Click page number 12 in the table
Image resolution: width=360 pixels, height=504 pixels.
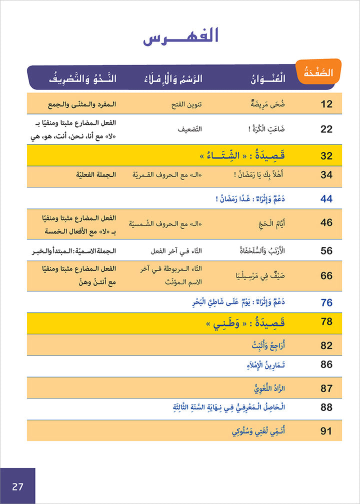coord(326,104)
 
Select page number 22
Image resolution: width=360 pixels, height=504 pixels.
coord(326,129)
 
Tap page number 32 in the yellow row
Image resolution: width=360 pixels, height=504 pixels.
coord(326,156)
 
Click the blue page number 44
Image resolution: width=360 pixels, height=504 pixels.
coord(326,199)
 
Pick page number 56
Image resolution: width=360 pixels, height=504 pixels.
coord(326,250)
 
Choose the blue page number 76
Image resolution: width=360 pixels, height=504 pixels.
coord(326,302)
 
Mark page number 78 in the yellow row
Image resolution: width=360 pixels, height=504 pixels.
coord(326,321)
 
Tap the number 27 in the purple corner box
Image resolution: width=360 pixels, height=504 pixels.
coord(17,486)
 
